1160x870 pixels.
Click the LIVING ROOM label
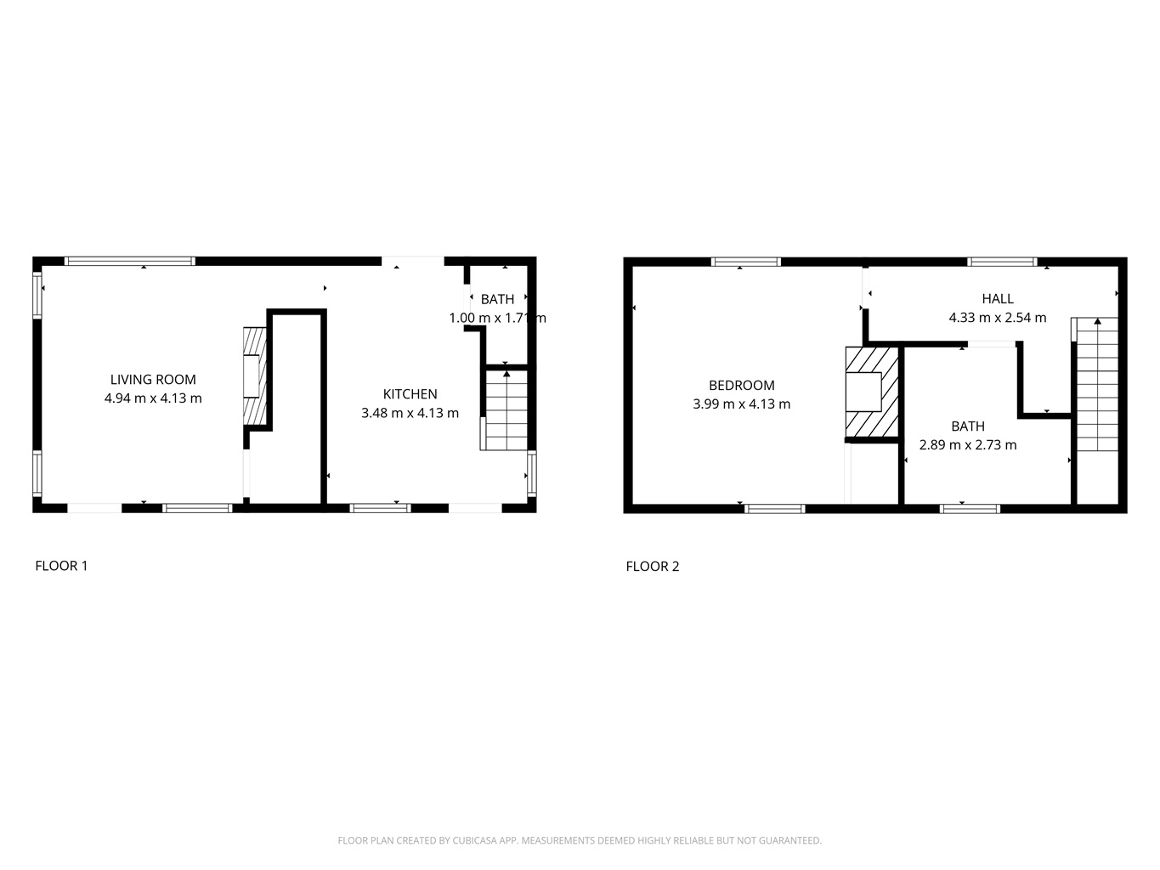[153, 379]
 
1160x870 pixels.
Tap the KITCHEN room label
[410, 394]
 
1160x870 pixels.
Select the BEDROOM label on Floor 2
[741, 385]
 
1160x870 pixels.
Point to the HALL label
[998, 298]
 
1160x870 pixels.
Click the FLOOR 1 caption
[61, 566]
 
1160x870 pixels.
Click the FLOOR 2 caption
[652, 567]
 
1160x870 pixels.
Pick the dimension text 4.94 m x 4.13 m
[153, 398]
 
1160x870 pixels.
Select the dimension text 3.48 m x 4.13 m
[410, 413]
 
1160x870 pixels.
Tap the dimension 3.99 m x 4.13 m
[741, 404]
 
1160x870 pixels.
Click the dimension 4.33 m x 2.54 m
[998, 318]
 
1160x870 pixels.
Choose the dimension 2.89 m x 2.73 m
[968, 445]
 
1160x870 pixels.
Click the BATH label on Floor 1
[497, 300]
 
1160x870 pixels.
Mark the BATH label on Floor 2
[968, 426]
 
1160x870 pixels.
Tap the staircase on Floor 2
[1095, 385]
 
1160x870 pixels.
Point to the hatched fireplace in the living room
[255, 376]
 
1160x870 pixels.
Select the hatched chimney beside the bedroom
[871, 392]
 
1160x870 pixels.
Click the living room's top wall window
[129, 261]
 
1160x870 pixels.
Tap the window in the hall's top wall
[1002, 262]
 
